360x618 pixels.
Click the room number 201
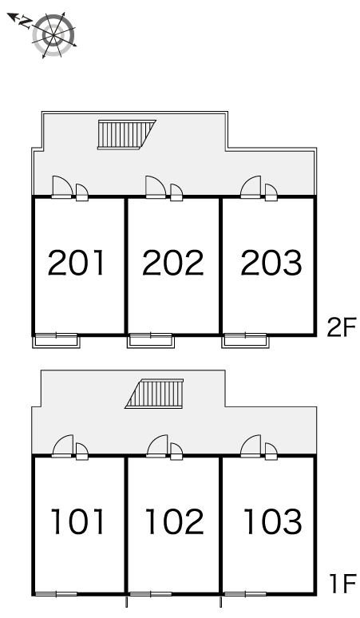(x=77, y=263)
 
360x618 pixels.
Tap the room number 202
(x=173, y=263)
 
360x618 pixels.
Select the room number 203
(x=271, y=263)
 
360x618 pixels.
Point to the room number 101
(x=77, y=521)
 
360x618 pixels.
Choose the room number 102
(x=175, y=521)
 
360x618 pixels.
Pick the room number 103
(x=272, y=521)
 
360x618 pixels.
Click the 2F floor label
(x=341, y=327)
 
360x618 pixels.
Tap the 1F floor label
(x=342, y=584)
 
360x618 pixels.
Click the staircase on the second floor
(x=127, y=134)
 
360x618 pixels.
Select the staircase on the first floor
(x=154, y=394)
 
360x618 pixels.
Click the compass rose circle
(x=53, y=34)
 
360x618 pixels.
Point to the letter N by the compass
(x=26, y=22)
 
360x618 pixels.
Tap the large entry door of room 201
(x=61, y=186)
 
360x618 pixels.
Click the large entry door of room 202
(x=156, y=186)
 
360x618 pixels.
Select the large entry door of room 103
(x=251, y=446)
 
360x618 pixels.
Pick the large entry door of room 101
(x=62, y=446)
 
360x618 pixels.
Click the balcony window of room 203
(x=245, y=340)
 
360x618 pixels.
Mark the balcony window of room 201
(x=56, y=340)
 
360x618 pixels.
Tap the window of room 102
(x=150, y=593)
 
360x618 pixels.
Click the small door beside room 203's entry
(x=271, y=192)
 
